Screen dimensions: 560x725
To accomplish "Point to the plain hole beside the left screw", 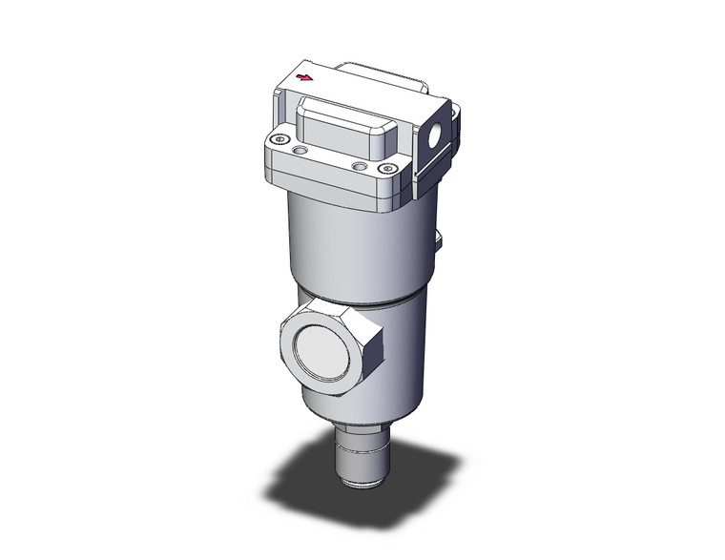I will pyautogui.click(x=301, y=151).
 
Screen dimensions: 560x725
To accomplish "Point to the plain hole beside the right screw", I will pyautogui.click(x=360, y=166).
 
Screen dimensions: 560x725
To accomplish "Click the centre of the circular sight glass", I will pyautogui.click(x=327, y=342).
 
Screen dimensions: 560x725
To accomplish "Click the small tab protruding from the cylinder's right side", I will pyautogui.click(x=440, y=240).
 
